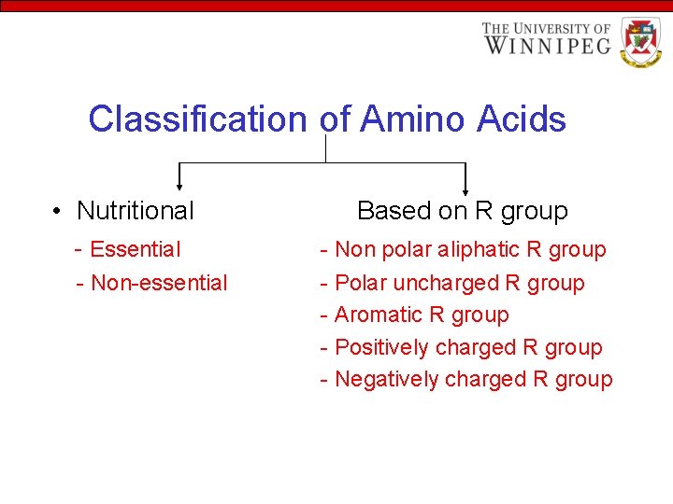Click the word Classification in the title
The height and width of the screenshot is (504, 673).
[197, 119]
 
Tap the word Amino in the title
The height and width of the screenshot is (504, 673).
[412, 119]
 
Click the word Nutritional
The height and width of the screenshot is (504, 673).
[136, 211]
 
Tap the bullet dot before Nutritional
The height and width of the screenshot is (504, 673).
[58, 212]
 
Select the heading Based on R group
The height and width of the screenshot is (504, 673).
[462, 211]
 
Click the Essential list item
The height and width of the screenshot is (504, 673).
[135, 249]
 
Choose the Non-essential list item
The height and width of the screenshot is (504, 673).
[158, 283]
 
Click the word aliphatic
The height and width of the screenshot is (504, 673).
[474, 249]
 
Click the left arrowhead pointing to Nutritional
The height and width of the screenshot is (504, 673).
[179, 189]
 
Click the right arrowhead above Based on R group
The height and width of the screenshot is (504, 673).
[465, 189]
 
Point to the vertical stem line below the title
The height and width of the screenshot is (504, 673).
[325, 148]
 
